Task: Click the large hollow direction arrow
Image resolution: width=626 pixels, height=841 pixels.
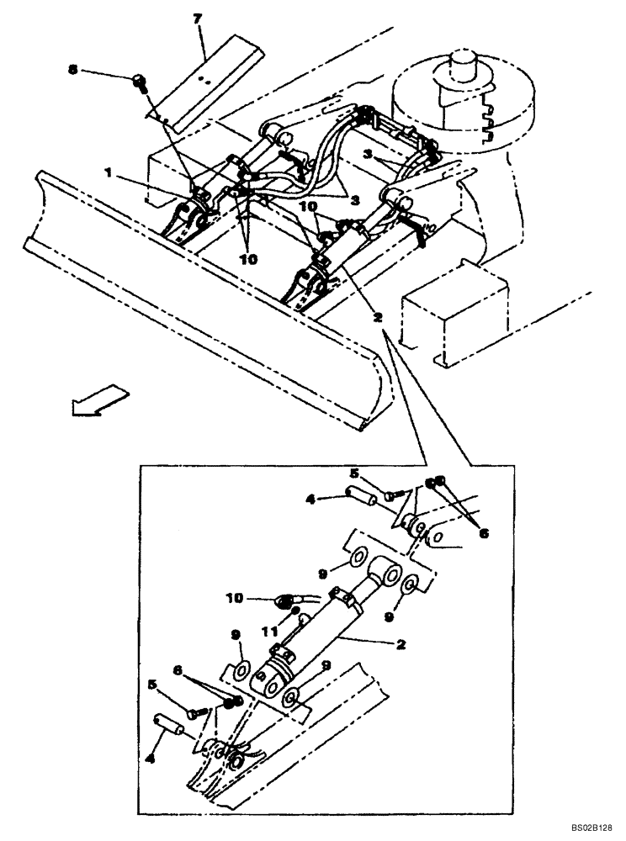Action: pyautogui.click(x=97, y=399)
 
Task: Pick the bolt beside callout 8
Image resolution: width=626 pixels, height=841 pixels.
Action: pyautogui.click(x=141, y=81)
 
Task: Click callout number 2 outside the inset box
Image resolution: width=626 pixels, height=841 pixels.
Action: pyautogui.click(x=378, y=318)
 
